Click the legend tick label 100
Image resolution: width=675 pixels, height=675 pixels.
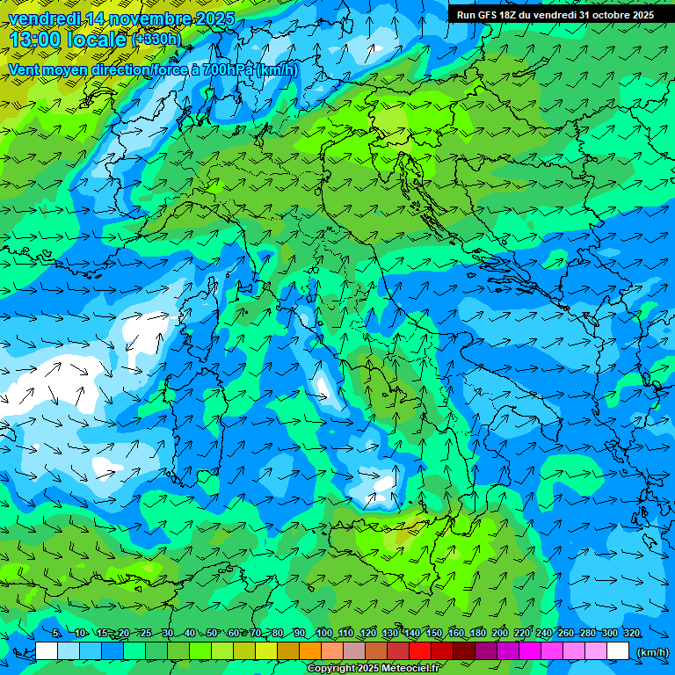click(x=323, y=634)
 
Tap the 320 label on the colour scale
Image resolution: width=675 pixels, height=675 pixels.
click(x=632, y=634)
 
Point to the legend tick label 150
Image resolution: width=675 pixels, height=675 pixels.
click(x=434, y=634)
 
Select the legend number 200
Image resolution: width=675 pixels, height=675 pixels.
click(x=500, y=634)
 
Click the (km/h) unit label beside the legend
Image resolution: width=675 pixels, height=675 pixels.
click(x=651, y=652)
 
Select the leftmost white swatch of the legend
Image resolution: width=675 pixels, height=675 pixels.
click(x=47, y=651)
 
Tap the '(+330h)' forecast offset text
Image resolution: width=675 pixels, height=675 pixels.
click(x=156, y=39)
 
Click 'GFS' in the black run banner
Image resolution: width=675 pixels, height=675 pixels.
click(x=493, y=15)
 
